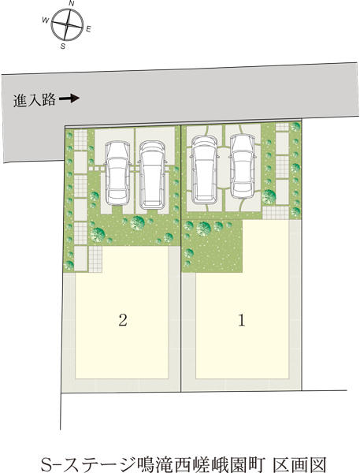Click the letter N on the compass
71,3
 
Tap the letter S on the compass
63,47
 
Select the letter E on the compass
88,29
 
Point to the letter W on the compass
46,20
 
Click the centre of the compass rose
67,24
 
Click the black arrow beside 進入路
69,98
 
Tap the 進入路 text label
34,100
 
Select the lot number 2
123,320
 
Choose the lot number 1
242,320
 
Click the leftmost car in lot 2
117,173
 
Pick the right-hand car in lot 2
153,175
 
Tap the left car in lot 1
205,169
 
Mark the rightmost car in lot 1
243,166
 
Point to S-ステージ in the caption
88,465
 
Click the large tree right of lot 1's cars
269,196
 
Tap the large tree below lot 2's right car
138,223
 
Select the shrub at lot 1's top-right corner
295,127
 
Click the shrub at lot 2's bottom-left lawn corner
69,265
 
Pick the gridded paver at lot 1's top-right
282,127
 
